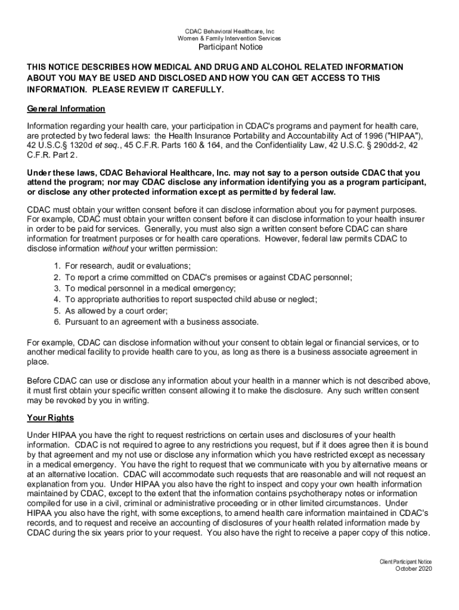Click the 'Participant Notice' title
click(229, 47)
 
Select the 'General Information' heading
click(66, 108)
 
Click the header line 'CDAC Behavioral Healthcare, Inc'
click(229, 31)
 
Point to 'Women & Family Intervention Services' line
click(229, 38)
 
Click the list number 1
click(56, 266)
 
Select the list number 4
click(56, 300)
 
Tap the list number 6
click(56, 322)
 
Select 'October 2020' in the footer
click(414, 568)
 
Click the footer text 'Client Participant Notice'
click(406, 561)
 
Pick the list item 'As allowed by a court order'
click(117, 311)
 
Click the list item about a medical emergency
click(151, 288)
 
